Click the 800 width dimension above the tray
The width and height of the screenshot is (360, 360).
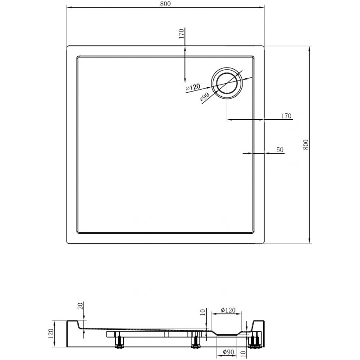165,4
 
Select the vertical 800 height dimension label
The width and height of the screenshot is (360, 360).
306,144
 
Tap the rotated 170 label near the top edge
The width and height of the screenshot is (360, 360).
180,34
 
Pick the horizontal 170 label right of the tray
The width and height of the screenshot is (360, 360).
287,116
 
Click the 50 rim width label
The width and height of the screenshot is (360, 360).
280,150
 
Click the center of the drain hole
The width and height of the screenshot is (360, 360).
227,83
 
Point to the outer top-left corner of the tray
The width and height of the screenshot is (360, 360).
67,46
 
